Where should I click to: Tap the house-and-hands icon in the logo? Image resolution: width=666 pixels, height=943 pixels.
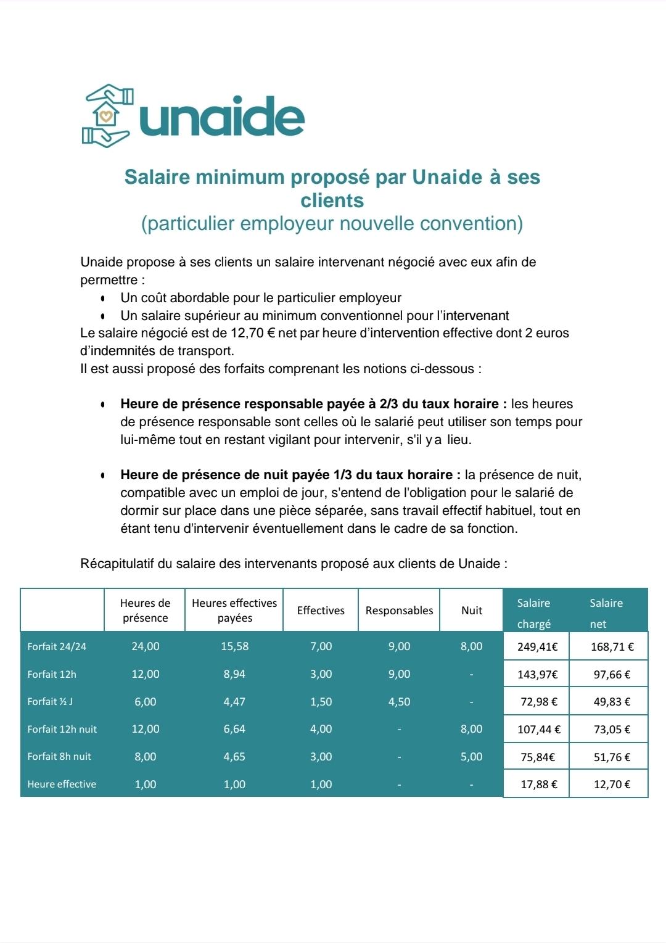pos(107,116)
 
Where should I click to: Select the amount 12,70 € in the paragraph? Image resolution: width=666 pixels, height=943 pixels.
pos(253,333)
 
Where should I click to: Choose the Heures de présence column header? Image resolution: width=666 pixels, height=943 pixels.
pos(145,611)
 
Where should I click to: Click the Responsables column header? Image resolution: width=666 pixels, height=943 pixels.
pos(399,611)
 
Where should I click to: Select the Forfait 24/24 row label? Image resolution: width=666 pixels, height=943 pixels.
pos(57,646)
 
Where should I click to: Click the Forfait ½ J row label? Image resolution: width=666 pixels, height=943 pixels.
pos(50,702)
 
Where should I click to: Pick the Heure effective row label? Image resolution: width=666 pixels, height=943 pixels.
pos(62,784)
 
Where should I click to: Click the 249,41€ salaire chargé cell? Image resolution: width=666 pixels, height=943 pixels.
pos(537,647)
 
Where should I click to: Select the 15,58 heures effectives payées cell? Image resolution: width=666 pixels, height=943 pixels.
pos(234,646)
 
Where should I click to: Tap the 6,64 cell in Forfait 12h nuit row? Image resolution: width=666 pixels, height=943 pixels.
pos(234,729)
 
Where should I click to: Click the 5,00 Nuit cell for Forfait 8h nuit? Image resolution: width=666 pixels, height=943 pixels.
pos(472,757)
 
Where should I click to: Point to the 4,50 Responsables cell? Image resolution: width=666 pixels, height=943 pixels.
pos(399,702)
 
